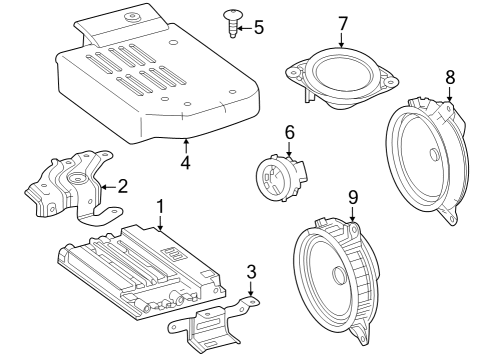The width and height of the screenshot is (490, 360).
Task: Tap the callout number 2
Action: click(122, 185)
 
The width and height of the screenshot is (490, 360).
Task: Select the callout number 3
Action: click(251, 271)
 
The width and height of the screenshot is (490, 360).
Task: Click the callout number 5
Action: click(258, 27)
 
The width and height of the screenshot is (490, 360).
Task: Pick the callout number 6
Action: click(289, 131)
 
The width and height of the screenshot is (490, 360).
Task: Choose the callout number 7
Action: click(341, 23)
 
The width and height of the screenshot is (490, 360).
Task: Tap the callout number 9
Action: click(353, 198)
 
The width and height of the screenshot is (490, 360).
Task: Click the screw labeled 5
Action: click(228, 23)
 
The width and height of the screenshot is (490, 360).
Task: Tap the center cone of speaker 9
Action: click(340, 276)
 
